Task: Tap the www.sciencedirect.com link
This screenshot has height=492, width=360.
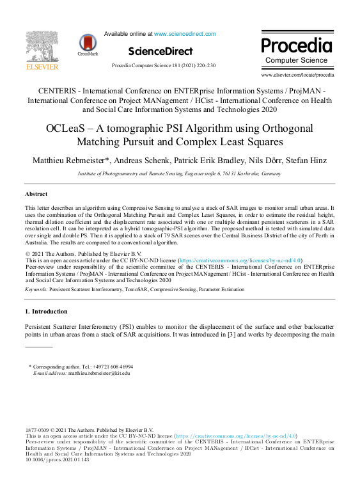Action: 185,34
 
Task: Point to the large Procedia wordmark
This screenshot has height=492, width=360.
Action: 297,45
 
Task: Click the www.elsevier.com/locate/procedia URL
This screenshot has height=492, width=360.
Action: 297,75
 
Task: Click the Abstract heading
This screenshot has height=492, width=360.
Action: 36,193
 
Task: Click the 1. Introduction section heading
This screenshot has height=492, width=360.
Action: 46,312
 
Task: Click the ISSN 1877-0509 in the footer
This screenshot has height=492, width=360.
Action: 37,430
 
